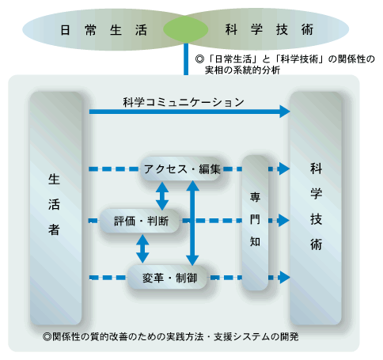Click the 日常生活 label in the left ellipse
point(104,30)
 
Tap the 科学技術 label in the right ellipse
point(269,29)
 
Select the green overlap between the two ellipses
point(186,29)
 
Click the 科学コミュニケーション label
point(184,102)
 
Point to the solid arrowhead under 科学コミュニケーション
point(285,112)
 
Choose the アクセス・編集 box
point(182,169)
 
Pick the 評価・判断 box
point(141,221)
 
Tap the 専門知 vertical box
point(255,223)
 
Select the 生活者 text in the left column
point(54,204)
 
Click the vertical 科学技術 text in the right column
point(316,207)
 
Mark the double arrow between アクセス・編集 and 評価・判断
point(162,196)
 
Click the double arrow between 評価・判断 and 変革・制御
point(142,248)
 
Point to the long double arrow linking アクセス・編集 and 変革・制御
point(192,223)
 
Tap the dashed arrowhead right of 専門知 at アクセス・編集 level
point(284,169)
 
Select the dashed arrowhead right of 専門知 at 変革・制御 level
point(284,278)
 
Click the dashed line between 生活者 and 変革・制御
point(108,278)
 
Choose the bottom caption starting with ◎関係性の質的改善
point(171,337)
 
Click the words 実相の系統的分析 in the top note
point(242,70)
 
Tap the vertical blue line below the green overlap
point(186,59)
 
